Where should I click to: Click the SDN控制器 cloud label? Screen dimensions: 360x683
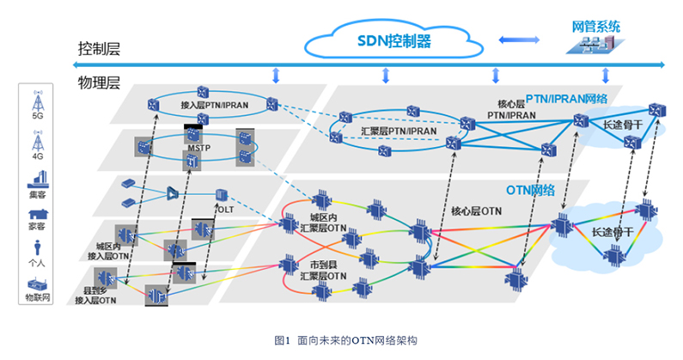click(x=393, y=40)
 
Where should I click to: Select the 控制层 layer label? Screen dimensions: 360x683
click(x=99, y=49)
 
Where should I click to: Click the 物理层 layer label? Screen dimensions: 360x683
click(x=99, y=83)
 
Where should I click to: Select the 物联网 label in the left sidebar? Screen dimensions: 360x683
click(x=37, y=297)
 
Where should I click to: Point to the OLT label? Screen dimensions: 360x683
click(x=225, y=209)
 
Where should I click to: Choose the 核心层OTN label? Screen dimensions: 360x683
click(x=476, y=210)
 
